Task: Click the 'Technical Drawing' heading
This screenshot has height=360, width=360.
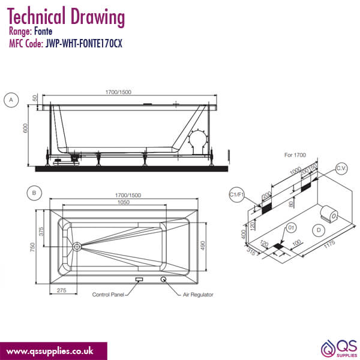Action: click(67, 16)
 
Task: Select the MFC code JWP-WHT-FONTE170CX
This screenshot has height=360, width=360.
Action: click(84, 44)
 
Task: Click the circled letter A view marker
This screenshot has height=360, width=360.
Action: click(10, 101)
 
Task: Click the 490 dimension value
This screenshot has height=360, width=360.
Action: click(202, 245)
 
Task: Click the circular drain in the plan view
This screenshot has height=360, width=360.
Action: click(77, 246)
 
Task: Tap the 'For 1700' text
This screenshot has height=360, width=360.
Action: click(295, 155)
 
